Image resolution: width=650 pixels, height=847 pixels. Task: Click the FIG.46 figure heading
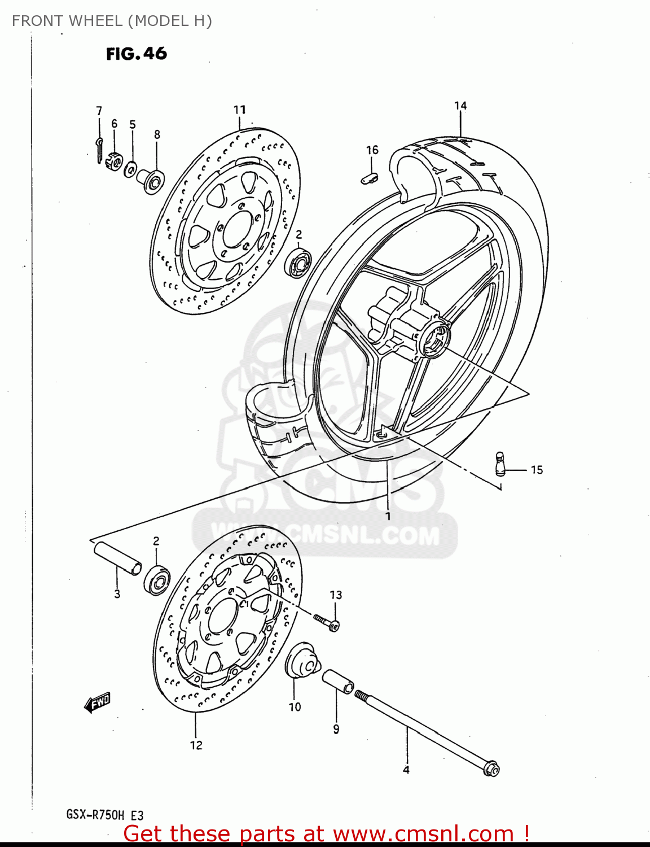tap(137, 54)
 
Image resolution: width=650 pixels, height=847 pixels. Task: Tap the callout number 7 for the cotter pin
tap(99, 111)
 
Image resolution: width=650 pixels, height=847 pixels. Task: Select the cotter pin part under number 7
tap(99, 146)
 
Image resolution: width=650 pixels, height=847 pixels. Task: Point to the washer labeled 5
tap(131, 168)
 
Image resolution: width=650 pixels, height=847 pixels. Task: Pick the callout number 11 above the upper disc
tap(240, 110)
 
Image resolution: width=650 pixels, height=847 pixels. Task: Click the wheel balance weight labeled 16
tap(370, 178)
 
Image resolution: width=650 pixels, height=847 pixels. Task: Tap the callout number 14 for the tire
tap(460, 106)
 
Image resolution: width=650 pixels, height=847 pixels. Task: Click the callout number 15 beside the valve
tap(537, 470)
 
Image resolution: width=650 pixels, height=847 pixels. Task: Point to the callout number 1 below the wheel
tap(388, 516)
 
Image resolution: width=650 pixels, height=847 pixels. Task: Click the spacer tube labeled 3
tap(117, 558)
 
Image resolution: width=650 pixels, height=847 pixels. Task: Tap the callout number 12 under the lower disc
tap(196, 745)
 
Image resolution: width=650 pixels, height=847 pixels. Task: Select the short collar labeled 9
tap(338, 682)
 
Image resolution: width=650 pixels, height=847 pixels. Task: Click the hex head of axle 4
tap(491, 769)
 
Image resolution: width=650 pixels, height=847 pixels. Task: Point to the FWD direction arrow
tap(98, 702)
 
